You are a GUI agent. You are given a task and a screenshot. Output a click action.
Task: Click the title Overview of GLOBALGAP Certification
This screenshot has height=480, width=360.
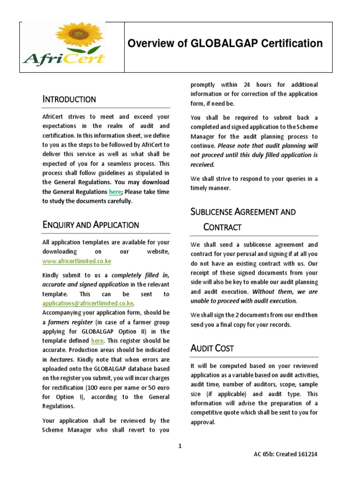click(x=225, y=44)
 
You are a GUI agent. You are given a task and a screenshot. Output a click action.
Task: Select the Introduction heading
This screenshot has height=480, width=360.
click(x=69, y=99)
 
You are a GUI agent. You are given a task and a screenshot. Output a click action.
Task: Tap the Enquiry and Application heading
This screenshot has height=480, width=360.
click(x=90, y=225)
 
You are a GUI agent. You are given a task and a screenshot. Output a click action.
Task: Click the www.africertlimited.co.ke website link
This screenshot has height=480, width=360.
click(x=76, y=261)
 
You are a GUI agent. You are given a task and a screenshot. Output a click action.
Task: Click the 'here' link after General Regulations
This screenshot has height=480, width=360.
click(x=115, y=192)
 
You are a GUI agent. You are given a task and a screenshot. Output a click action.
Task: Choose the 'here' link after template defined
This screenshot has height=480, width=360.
click(x=97, y=341)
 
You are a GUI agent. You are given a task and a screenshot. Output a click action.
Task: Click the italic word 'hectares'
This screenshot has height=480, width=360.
click(x=61, y=360)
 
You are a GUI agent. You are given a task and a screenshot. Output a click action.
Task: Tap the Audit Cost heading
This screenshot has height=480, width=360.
click(x=212, y=348)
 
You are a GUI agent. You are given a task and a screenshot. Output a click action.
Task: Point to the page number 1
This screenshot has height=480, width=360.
click(x=180, y=446)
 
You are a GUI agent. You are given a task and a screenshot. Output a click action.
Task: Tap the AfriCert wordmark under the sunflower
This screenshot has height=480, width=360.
click(x=64, y=59)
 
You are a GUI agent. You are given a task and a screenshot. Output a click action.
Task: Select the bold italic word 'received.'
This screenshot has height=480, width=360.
click(x=202, y=165)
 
